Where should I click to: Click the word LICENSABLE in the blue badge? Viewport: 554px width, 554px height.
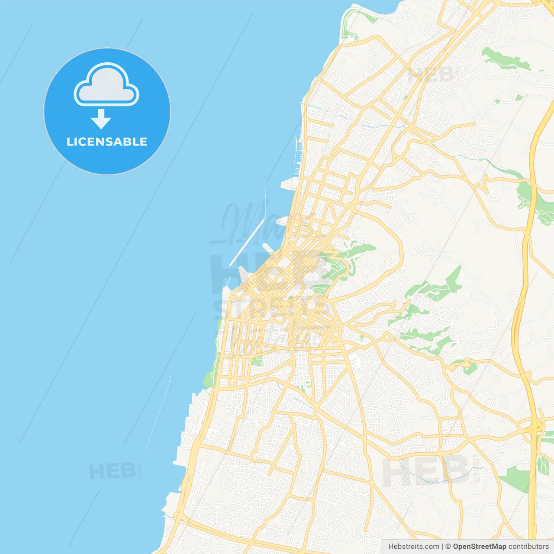point(107,142)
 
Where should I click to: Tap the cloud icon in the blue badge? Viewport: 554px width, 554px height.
point(106,86)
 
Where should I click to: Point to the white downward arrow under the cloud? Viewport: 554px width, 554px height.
point(101,119)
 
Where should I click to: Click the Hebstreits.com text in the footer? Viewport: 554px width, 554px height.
point(413,547)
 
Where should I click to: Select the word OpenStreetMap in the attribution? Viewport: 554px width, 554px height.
point(479,547)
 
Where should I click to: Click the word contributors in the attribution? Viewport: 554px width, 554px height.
point(528,547)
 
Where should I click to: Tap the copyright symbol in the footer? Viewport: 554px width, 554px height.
point(448,547)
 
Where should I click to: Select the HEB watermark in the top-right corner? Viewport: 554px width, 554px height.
point(431,74)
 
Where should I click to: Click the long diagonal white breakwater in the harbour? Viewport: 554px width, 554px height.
point(246,242)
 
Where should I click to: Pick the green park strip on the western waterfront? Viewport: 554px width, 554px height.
point(211,372)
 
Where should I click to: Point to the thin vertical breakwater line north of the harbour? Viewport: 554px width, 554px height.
point(265,195)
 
